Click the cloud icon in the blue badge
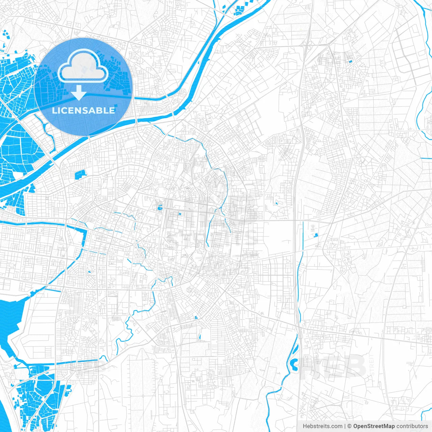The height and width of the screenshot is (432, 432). (x=83, y=66)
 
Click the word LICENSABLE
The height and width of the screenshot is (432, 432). (x=83, y=110)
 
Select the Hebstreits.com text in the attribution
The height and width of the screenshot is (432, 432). (x=322, y=426)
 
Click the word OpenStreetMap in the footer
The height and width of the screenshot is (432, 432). (x=374, y=426)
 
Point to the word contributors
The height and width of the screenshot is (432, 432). (x=412, y=426)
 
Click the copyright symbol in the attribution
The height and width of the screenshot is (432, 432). (x=349, y=426)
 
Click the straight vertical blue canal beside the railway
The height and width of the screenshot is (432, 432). (x=303, y=236)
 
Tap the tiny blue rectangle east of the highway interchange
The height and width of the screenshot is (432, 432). (x=350, y=61)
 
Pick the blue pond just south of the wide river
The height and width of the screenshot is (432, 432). (x=80, y=174)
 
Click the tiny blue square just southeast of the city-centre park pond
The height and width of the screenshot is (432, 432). (x=180, y=214)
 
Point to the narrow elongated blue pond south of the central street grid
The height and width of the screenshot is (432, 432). (x=200, y=336)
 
